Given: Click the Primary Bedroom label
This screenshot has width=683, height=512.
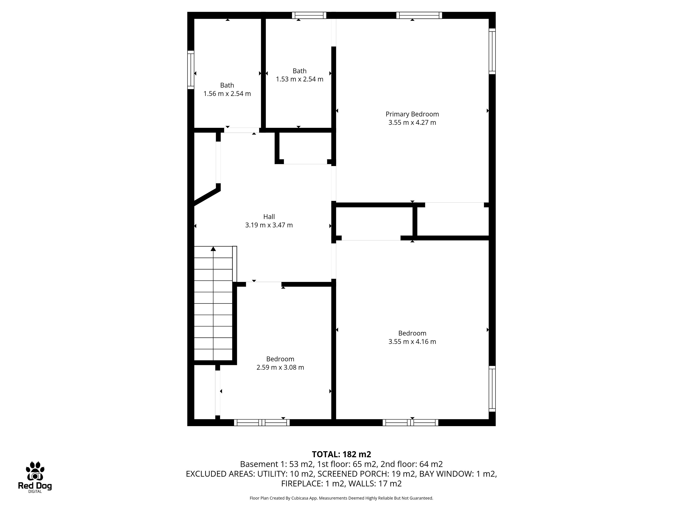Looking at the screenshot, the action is click(x=412, y=114).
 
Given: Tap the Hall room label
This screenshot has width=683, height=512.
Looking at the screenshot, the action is click(x=269, y=217).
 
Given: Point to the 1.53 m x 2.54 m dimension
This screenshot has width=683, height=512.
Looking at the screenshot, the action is click(x=300, y=79).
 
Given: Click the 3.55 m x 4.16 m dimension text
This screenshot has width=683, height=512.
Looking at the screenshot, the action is click(x=412, y=342).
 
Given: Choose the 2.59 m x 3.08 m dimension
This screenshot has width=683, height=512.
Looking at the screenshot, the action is click(x=280, y=368).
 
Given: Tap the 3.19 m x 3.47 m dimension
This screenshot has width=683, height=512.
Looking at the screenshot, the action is click(x=269, y=225).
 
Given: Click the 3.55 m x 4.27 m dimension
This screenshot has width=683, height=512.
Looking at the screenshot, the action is click(x=412, y=122).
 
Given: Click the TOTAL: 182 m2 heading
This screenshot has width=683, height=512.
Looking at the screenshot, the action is click(x=341, y=454).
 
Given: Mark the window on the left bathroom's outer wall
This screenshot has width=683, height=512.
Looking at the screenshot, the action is click(x=191, y=70).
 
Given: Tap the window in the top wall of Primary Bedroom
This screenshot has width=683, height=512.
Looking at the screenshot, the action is click(x=419, y=15).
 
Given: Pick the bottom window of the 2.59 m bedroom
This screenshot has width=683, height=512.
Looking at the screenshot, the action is click(x=262, y=423).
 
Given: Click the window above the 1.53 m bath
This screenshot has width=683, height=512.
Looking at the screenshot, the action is click(x=309, y=15).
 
